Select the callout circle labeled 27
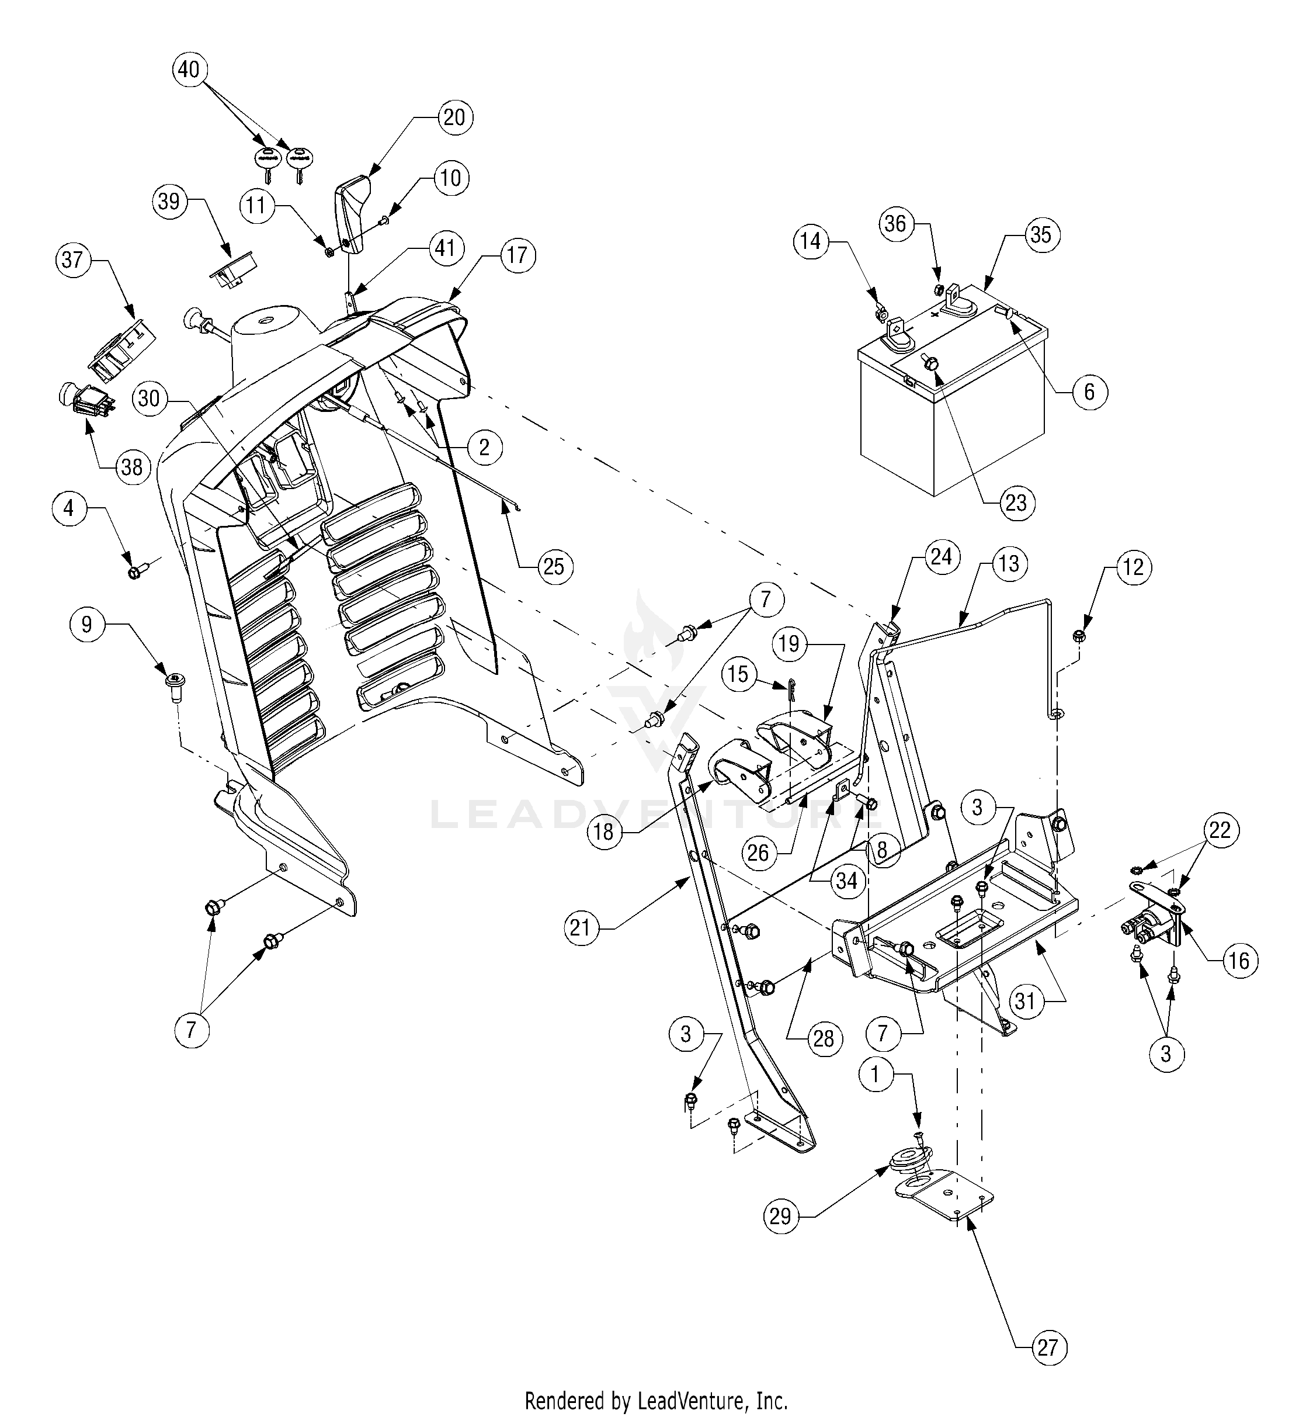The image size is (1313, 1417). [1048, 1348]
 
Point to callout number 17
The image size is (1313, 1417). [517, 255]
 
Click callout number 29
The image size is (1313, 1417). [780, 1217]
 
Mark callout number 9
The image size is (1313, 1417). [86, 625]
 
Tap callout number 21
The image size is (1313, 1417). [581, 928]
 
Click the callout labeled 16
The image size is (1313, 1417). [1238, 961]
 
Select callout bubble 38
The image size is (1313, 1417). [132, 467]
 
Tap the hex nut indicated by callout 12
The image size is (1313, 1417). [1079, 635]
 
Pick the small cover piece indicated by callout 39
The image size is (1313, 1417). [232, 270]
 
